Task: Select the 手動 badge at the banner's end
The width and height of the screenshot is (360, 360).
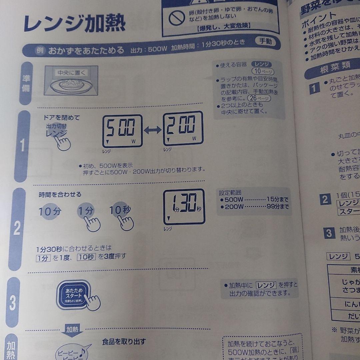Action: point(265,41)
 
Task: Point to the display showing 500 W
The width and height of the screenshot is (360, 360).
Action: point(122,131)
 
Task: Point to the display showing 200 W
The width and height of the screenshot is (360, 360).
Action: point(183,129)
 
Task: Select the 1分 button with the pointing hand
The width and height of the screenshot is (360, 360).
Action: point(86,211)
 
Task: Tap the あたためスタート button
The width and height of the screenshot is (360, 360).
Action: point(74,294)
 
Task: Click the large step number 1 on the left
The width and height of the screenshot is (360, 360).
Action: point(22,146)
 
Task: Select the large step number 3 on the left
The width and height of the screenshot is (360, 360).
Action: point(13,303)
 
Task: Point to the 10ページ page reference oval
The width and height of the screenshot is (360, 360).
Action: point(263,71)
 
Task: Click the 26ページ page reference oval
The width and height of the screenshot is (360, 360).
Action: point(259,98)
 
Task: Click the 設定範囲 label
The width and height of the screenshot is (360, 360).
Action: point(230,192)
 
